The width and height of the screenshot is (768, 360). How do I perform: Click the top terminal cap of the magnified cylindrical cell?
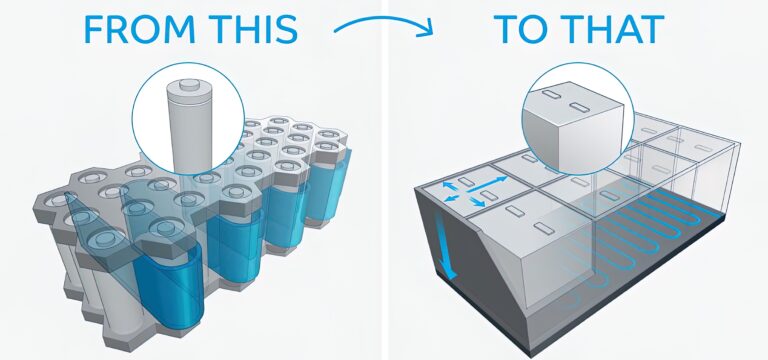[188, 87]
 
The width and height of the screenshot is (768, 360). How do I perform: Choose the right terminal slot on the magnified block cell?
[580, 102]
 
